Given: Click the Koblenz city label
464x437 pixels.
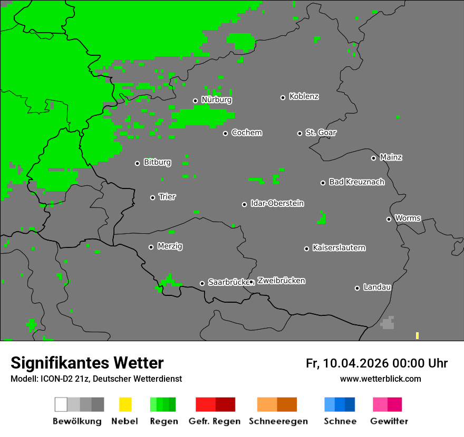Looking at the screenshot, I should pos(304,97).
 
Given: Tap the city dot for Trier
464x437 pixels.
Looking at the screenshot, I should pos(153,197).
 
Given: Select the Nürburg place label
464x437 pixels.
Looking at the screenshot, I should pos(216,100).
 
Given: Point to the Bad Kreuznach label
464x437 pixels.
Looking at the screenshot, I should pos(356,182).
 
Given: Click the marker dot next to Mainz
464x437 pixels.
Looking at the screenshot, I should pos(373,158).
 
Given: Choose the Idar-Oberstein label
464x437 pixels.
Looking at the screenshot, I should pos(277,204).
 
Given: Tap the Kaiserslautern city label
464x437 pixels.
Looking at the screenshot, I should pos(339,248).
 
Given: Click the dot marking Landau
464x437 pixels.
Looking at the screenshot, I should pos(357,288).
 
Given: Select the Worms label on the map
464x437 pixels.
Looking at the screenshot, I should pos(408,219).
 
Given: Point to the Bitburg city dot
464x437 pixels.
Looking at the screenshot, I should pos(137,163).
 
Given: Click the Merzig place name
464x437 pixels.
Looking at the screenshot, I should pos(170,246).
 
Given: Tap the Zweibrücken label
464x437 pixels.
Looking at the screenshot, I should pos(281,281).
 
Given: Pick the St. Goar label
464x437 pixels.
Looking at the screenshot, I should pos(321,133).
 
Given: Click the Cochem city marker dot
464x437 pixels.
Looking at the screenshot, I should pos(225,133).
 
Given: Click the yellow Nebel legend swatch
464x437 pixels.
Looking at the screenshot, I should pos(125,404).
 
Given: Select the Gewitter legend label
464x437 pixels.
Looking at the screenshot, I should pos(389,421).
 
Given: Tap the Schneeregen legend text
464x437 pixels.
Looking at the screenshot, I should pos(278,421).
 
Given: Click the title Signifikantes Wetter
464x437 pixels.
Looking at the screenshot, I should pos(87,363).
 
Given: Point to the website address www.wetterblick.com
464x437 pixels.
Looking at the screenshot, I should pos(380,379).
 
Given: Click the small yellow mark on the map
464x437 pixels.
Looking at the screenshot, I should pos(417,335).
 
